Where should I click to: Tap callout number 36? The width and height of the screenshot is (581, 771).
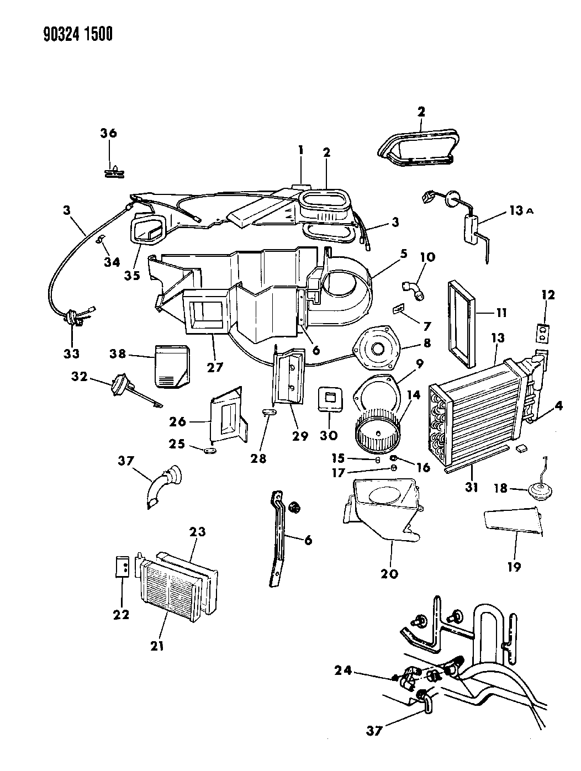click(108, 133)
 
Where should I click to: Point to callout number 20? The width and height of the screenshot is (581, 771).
click(389, 573)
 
